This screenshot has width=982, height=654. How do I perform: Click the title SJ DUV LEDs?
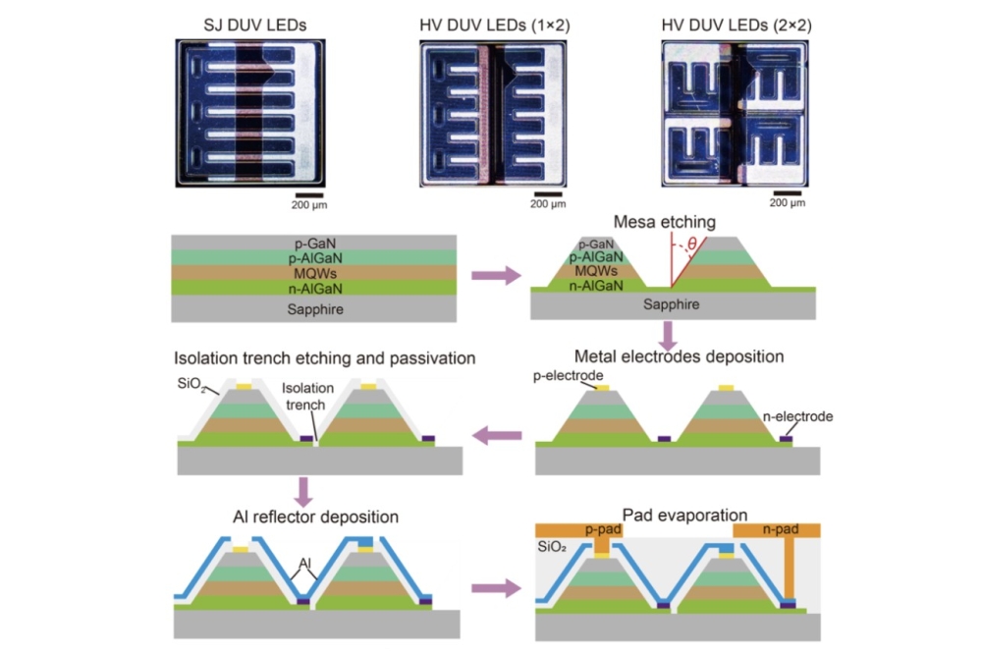click(255, 26)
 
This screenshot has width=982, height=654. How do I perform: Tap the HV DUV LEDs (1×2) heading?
click(495, 26)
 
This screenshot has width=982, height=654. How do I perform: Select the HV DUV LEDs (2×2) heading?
click(736, 26)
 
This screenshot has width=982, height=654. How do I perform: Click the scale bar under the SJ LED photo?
click(309, 195)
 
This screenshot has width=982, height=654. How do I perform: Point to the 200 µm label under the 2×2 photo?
click(788, 203)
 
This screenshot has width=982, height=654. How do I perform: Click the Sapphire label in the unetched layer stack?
click(315, 308)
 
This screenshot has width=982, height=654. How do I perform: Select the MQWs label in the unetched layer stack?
click(315, 274)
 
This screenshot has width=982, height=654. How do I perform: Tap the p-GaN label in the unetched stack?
click(315, 244)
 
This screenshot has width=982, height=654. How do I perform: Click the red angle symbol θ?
click(692, 244)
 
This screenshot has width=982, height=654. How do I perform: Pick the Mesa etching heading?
click(665, 222)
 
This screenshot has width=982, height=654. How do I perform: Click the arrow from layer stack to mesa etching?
click(495, 276)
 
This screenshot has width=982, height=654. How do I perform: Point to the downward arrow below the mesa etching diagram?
click(668, 337)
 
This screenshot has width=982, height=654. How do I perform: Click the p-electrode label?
click(568, 375)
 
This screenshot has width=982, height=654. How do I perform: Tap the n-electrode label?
click(797, 416)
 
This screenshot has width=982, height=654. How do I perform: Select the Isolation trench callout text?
click(306, 397)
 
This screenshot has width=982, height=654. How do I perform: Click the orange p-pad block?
click(579, 530)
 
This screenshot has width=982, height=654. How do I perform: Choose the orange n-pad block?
click(777, 530)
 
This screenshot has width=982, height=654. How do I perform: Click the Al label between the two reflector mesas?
click(305, 563)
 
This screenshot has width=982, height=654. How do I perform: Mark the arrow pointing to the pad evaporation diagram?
click(495, 588)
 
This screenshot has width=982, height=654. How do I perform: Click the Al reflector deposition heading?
click(315, 517)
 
